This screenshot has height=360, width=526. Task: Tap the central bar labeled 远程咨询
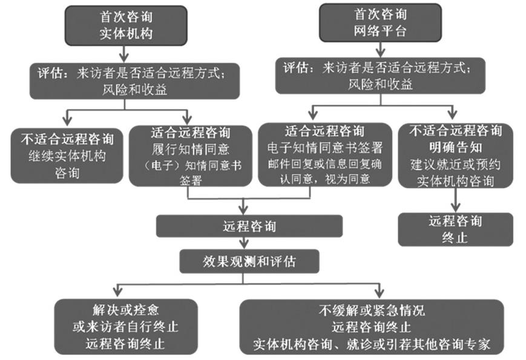click(x=249, y=226)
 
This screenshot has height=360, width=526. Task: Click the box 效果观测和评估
click(x=249, y=261)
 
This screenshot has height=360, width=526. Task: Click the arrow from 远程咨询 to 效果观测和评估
click(x=245, y=243)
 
